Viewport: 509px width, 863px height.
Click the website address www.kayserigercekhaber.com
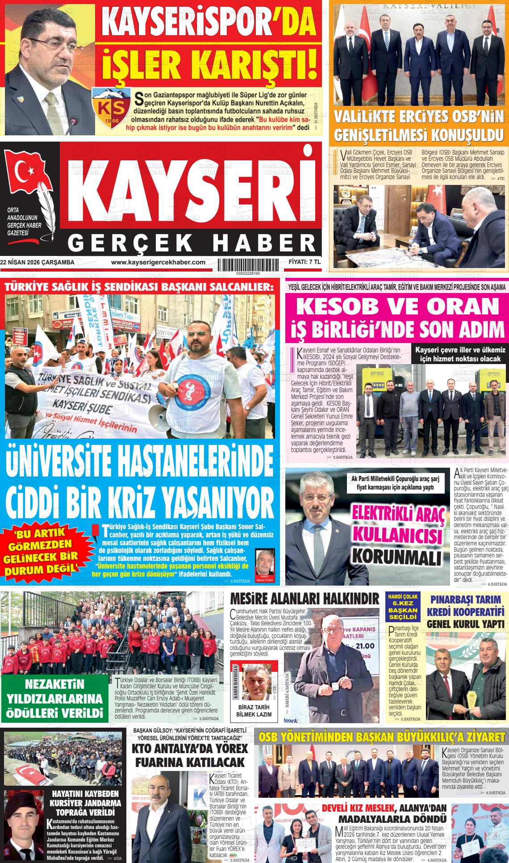(x=158, y=263)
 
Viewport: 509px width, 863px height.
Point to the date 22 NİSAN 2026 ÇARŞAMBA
(x=38, y=263)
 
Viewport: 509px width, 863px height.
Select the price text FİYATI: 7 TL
(x=305, y=262)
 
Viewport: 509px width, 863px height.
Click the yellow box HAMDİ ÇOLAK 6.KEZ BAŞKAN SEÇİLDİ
(x=402, y=607)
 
